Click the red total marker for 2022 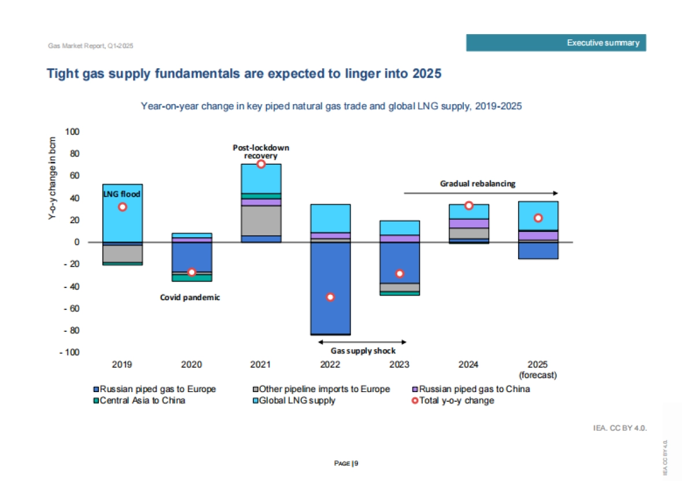(330, 297)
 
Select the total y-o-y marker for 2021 (261, 164)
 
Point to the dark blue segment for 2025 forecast (538, 250)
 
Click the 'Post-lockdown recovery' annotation (261, 152)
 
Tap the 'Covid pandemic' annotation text (190, 297)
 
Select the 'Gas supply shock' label (363, 350)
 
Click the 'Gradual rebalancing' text (478, 184)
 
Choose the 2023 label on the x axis (400, 365)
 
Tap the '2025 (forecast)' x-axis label (538, 370)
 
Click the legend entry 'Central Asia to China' (142, 400)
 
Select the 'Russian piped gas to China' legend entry (474, 389)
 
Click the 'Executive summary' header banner (556, 43)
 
